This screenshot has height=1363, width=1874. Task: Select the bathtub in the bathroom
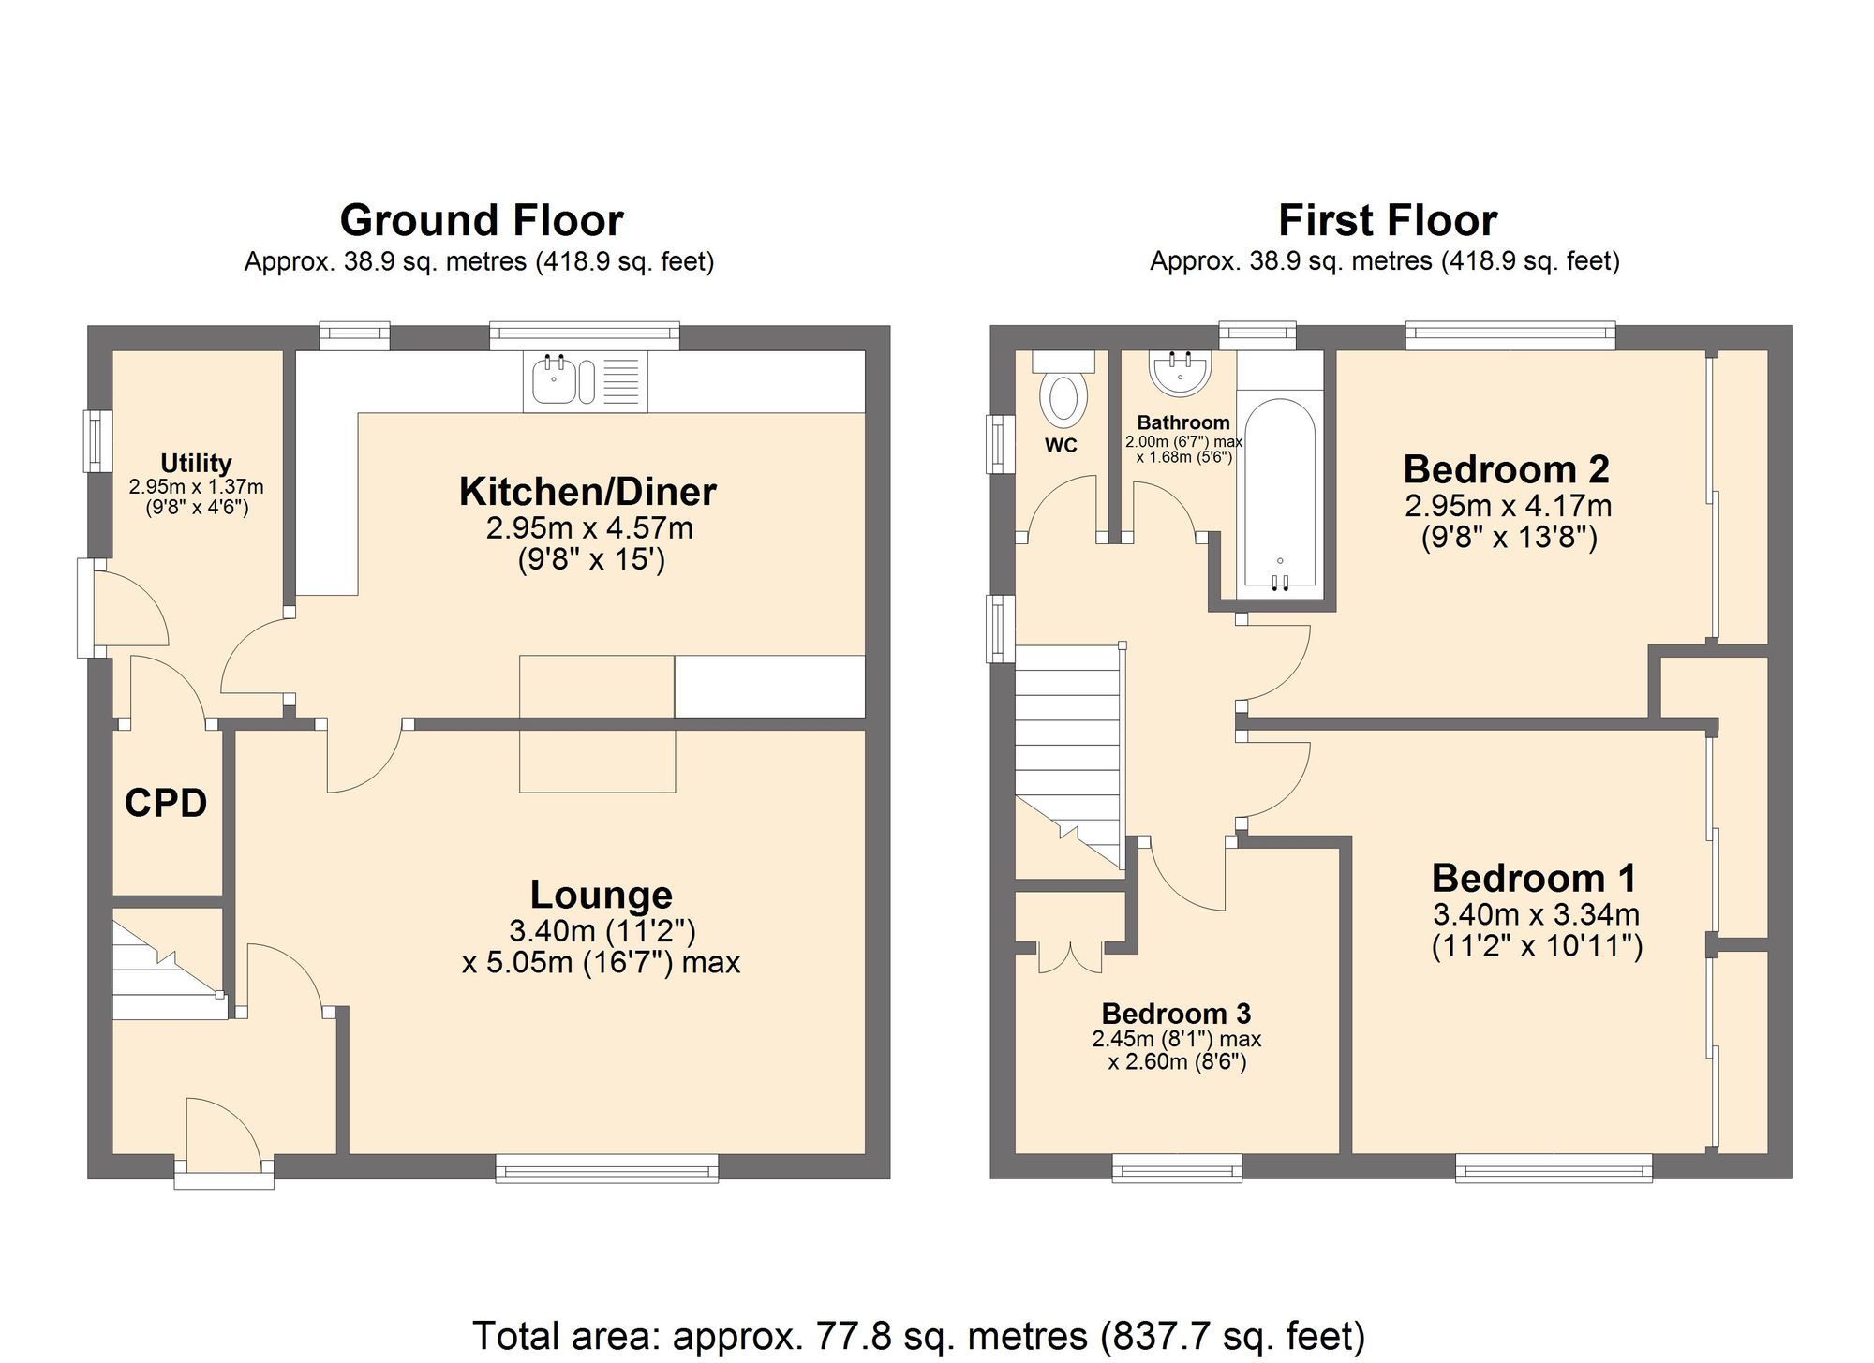tap(1280, 495)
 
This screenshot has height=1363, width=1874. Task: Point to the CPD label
tap(166, 803)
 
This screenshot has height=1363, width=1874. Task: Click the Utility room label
tap(196, 463)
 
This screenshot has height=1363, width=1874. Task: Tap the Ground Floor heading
tap(481, 221)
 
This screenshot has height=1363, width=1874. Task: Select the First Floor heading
tap(1387, 221)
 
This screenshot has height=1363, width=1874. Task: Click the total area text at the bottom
tap(918, 1335)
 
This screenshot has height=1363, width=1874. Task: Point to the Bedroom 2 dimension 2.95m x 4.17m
tap(1508, 506)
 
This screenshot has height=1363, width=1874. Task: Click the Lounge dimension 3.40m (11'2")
tap(602, 930)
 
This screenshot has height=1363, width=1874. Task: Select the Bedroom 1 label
tap(1534, 879)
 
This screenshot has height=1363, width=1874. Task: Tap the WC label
tap(1061, 446)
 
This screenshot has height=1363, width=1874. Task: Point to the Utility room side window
tap(97, 440)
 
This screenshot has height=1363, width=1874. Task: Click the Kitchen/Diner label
tap(587, 492)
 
